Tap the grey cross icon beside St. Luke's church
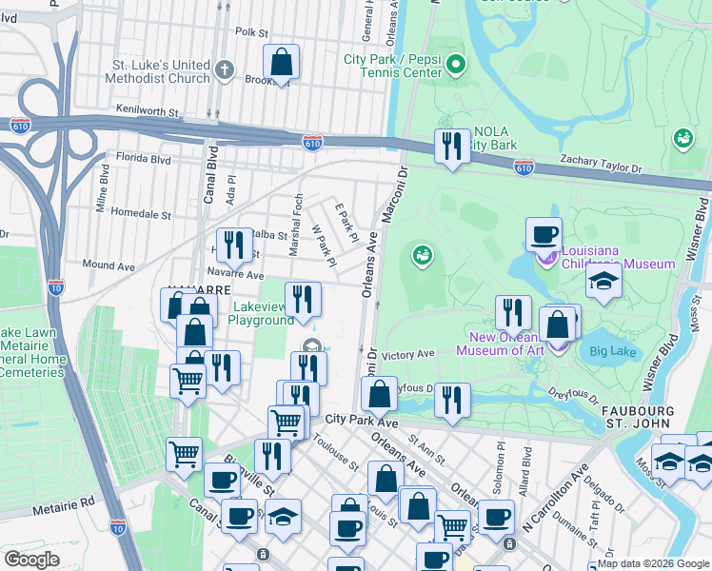[225, 69]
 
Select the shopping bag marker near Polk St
[282, 64]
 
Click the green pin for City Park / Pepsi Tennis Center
[456, 65]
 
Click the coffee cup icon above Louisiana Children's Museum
[545, 234]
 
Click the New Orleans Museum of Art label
[499, 345]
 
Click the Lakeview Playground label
[260, 313]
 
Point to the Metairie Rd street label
[63, 509]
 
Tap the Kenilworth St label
[148, 111]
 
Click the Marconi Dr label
[394, 196]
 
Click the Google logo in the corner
[32, 560]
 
